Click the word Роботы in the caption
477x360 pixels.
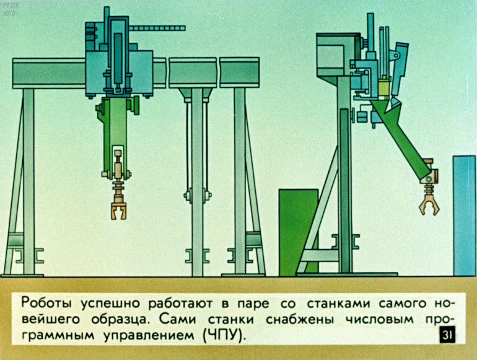tap(46, 304)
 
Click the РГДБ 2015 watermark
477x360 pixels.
tap(9, 9)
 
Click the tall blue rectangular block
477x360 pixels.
tap(464, 216)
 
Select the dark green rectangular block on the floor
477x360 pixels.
tap(299, 232)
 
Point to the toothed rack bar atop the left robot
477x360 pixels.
tap(157, 29)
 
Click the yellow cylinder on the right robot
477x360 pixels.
tap(384, 87)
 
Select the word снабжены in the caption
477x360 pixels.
tap(300, 320)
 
